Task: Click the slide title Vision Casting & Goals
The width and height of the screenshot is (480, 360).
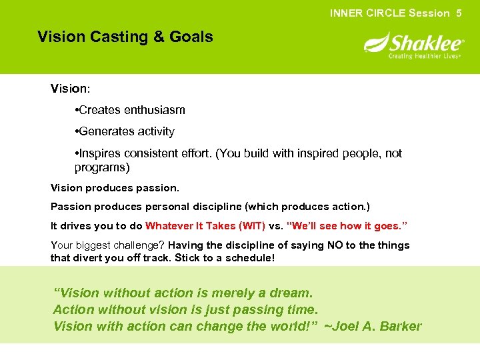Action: (125, 37)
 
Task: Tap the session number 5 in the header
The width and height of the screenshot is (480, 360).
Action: (459, 13)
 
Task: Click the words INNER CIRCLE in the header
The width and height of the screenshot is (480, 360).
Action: (367, 13)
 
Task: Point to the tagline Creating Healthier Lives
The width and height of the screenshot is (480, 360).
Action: (425, 56)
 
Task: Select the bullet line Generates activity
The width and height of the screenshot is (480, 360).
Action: (125, 131)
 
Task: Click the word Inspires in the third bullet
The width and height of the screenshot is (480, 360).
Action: (101, 153)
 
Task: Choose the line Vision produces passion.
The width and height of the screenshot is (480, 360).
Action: (115, 188)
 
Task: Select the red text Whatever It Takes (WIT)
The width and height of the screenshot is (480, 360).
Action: (205, 225)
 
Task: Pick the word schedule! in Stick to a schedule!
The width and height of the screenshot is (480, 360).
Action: (250, 258)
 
